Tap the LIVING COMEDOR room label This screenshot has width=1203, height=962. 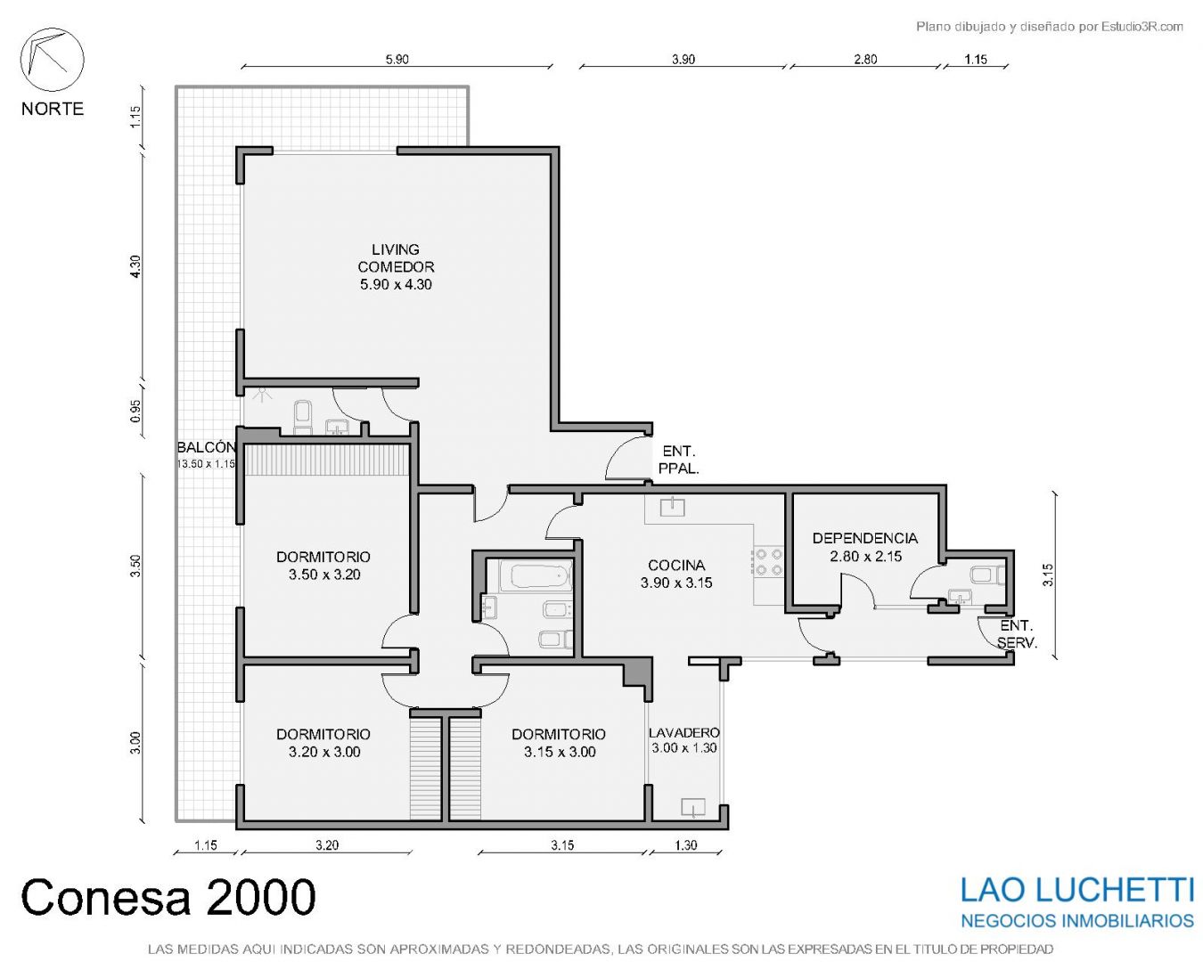(x=396, y=266)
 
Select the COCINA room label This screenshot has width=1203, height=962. (x=676, y=574)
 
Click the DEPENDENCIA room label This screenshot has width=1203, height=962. (x=864, y=547)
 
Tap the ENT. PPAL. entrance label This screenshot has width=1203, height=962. (x=679, y=460)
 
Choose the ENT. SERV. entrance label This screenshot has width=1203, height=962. (x=1017, y=634)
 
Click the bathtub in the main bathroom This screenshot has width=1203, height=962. (x=536, y=575)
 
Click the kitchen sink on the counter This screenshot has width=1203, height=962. (x=672, y=507)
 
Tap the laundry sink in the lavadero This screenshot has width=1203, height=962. (x=692, y=808)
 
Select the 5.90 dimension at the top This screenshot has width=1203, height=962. (x=397, y=60)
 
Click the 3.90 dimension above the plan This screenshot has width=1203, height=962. (x=683, y=60)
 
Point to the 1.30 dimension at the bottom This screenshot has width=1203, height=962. (x=685, y=844)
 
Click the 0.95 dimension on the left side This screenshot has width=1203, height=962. (x=135, y=411)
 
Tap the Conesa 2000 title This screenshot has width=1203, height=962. (x=168, y=897)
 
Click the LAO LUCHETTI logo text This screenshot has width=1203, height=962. (x=1076, y=891)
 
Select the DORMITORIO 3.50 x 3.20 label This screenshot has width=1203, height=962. (x=323, y=565)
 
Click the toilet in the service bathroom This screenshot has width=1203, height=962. (x=988, y=575)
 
